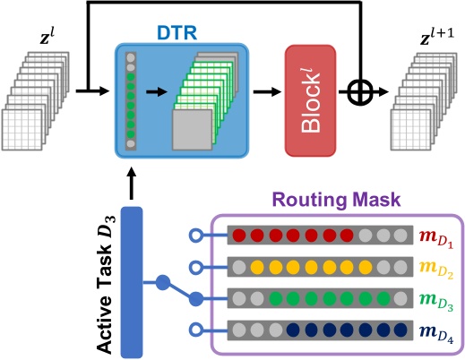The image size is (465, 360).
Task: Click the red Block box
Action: (310, 90)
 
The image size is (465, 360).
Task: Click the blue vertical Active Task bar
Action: (132, 278)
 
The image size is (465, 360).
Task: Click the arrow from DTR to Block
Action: (261, 90)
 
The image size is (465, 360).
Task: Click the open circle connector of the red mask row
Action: (194, 236)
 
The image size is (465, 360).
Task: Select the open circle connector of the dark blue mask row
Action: (194, 329)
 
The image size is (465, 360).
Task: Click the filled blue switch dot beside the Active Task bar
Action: (163, 283)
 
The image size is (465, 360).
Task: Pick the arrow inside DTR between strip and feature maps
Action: (156, 90)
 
